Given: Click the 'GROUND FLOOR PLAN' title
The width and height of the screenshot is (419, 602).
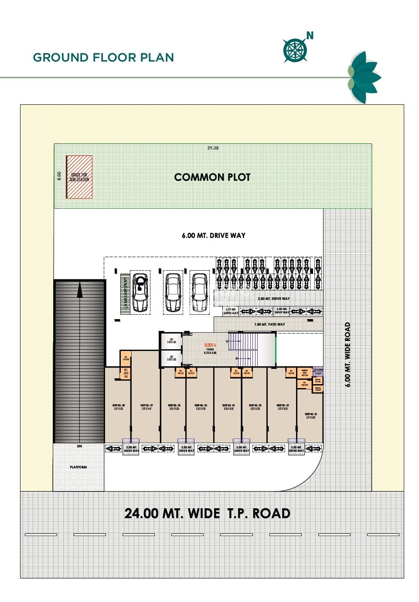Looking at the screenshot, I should [103, 58].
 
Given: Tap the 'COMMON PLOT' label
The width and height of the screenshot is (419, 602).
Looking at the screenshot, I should [212, 177].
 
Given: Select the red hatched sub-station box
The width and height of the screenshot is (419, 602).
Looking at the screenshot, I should [79, 177].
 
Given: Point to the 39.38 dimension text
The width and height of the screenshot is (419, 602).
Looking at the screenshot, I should [213, 148].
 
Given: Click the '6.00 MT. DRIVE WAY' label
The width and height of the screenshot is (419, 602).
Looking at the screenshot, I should [214, 236].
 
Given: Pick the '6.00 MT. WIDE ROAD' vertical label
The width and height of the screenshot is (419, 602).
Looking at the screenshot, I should [347, 354].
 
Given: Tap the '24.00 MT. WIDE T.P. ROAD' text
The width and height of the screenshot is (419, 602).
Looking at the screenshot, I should [208, 513].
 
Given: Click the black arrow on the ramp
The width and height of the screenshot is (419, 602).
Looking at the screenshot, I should [80, 290].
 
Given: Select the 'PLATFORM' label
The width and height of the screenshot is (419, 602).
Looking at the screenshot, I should [78, 467].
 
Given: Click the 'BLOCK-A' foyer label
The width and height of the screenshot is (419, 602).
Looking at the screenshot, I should [210, 345].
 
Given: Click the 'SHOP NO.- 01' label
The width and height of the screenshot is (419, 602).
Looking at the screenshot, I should [311, 414].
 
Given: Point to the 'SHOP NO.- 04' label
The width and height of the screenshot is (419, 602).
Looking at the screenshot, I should [228, 406].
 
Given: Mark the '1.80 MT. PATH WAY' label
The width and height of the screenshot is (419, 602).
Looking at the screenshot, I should [269, 324].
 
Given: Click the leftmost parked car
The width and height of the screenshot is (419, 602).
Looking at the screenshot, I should [140, 292].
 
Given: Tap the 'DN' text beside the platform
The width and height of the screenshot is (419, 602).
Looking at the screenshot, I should [79, 446].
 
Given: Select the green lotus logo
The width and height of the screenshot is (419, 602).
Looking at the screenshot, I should [363, 78].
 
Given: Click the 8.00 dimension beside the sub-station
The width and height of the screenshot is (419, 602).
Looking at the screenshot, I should [59, 175].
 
